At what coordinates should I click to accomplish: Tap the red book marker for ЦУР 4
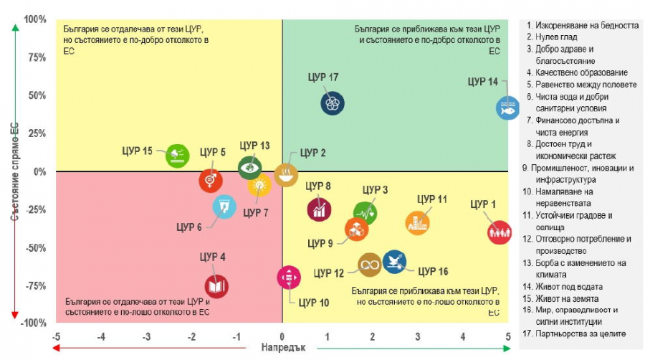point(216,287)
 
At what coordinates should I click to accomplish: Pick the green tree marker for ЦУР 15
point(177,155)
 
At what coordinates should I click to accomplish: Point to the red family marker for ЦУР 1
point(500,232)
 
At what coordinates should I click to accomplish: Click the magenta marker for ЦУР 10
point(288,276)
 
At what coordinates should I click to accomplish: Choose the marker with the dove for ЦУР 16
point(394,262)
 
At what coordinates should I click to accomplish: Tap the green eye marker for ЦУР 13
point(249,168)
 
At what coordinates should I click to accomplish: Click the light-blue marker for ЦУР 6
point(224,207)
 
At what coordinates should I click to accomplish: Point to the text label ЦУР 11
point(431,199)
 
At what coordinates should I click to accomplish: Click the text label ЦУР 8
point(318,186)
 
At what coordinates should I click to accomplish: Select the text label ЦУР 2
point(313,153)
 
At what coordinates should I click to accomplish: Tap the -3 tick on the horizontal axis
point(146,336)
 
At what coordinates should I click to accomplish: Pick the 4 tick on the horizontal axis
point(463,336)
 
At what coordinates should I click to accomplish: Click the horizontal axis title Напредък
point(282,349)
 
